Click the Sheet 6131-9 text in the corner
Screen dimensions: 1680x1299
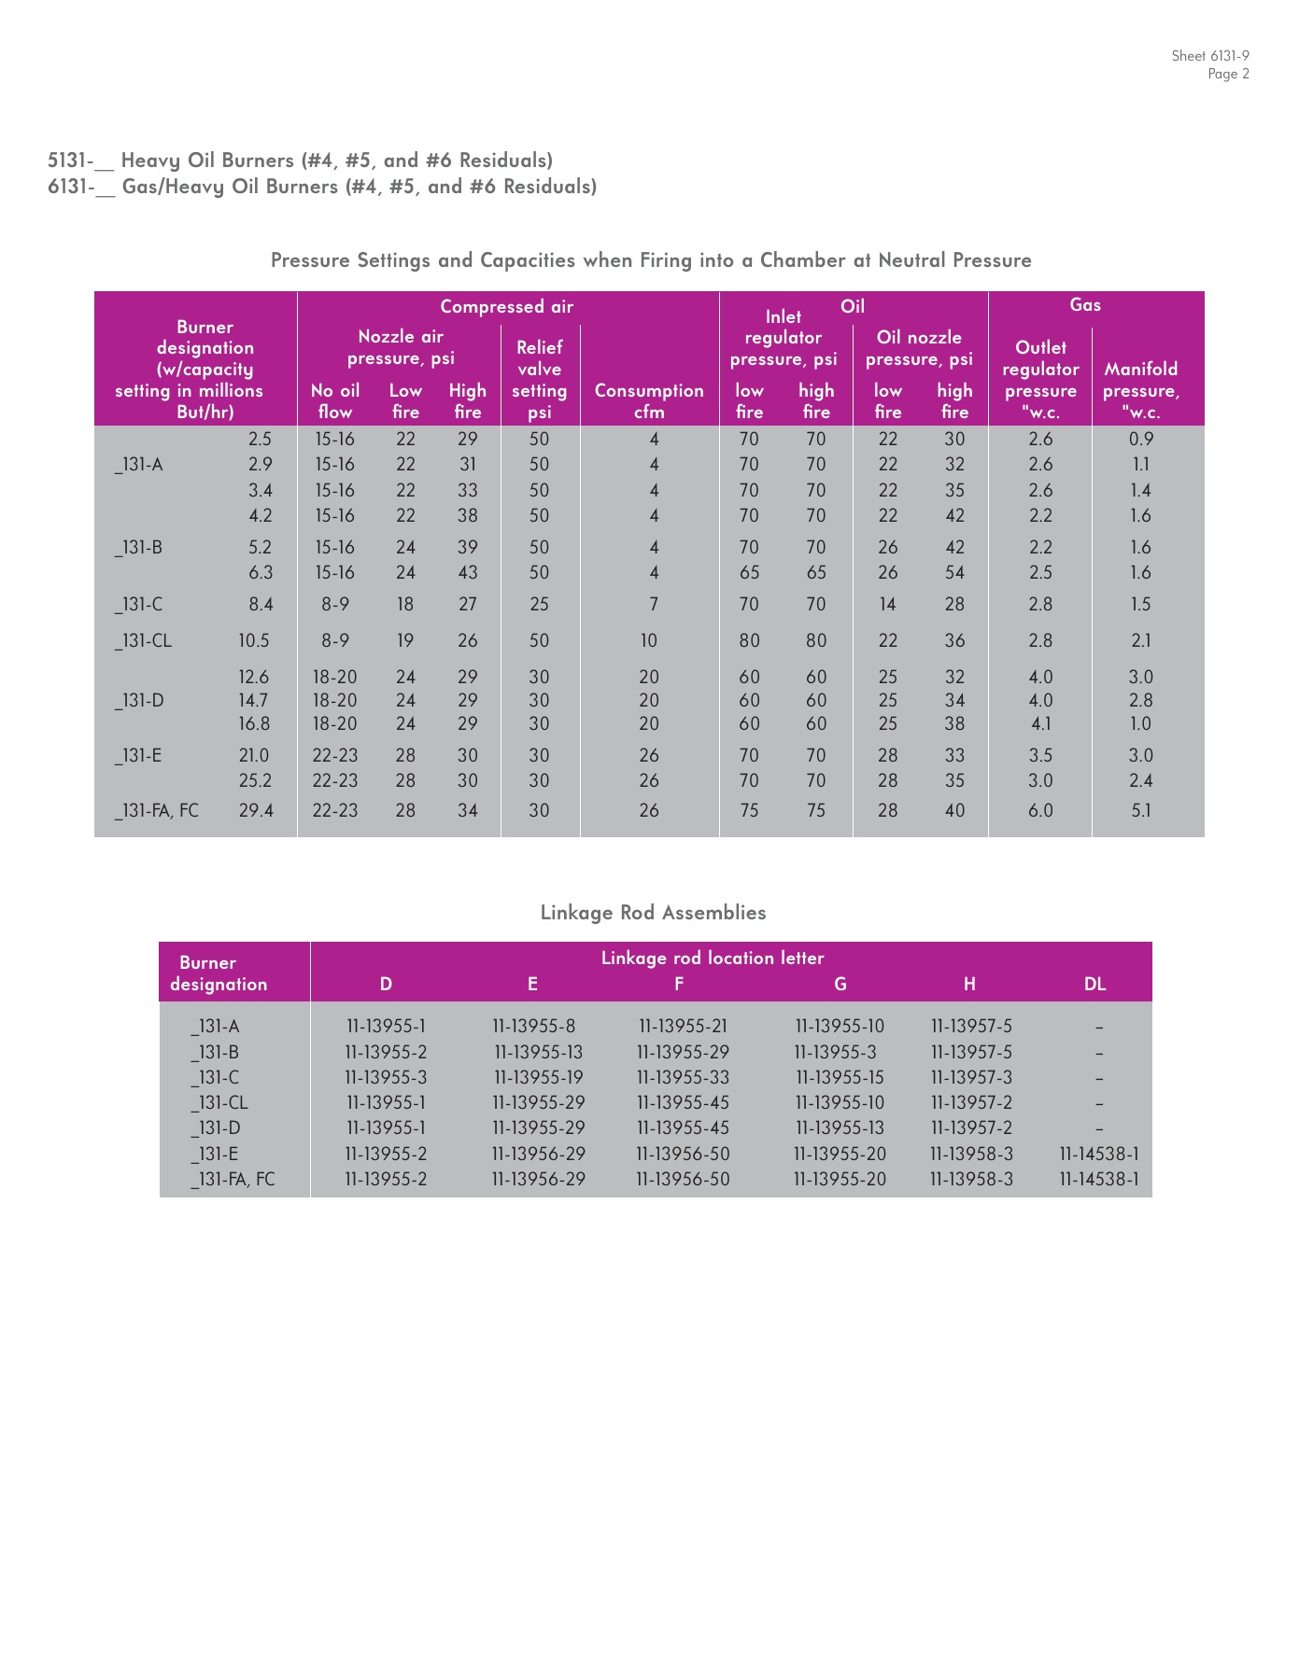point(1210,56)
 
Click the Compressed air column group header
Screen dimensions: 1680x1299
point(506,307)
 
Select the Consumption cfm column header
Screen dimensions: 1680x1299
point(649,401)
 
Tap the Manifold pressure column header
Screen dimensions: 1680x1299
point(1141,390)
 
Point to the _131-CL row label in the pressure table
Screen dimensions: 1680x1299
point(143,641)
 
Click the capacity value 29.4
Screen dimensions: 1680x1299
point(256,811)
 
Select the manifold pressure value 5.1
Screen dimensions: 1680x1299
point(1141,811)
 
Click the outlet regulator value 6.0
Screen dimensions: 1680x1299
point(1040,811)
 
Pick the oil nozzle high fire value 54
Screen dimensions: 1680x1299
point(954,573)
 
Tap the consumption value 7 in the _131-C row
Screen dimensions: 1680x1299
point(654,605)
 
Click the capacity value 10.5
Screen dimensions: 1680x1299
point(254,641)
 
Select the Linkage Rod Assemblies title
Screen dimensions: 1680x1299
point(653,913)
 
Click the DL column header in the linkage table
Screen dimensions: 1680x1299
point(1094,985)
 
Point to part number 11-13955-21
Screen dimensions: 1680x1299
point(683,1027)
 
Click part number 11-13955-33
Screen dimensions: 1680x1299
point(683,1078)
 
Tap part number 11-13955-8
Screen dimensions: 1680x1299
point(534,1027)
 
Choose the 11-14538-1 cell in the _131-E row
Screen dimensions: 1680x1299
point(1099,1155)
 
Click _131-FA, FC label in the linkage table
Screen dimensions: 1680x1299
point(233,1180)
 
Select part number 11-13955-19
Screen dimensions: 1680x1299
point(539,1078)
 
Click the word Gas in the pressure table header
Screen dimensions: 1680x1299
point(1085,305)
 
